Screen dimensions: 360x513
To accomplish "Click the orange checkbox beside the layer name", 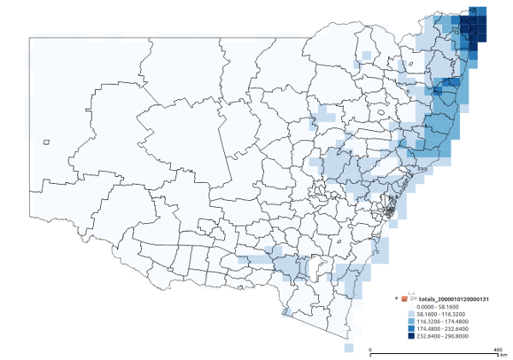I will click(404, 298).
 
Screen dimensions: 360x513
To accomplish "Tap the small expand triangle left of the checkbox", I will click(396, 298).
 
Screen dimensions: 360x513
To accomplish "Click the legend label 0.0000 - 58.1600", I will click(439, 306).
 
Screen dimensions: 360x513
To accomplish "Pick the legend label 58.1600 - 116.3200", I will click(440, 314).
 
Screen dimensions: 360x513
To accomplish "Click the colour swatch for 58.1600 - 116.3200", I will click(410, 314).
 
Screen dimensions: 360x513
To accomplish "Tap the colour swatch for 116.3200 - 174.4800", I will click(410, 322).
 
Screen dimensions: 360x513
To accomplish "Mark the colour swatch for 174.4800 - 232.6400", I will click(410, 329).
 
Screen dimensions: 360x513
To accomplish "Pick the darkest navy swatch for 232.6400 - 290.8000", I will click(410, 337).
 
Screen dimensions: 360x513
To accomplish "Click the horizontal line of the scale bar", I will click(434, 354).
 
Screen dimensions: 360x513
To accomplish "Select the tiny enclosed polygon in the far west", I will click(47, 142).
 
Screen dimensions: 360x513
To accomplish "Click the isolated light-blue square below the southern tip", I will click(349, 348).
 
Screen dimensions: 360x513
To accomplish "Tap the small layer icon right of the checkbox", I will click(412, 298).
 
